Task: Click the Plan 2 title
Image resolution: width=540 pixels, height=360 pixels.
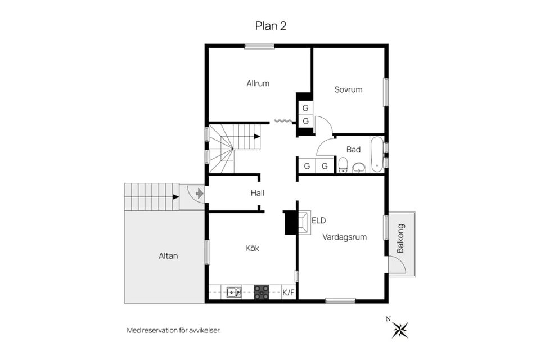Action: click(x=271, y=26)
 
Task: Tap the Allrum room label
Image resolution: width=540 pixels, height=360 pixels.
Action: click(x=258, y=83)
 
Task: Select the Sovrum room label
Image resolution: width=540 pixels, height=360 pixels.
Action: click(x=348, y=89)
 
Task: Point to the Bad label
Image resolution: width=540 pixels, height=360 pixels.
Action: click(x=353, y=150)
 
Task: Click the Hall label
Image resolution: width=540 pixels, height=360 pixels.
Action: click(x=257, y=193)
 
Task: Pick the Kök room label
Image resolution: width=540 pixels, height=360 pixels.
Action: click(x=253, y=248)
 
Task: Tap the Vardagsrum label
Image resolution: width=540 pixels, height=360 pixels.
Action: click(x=344, y=237)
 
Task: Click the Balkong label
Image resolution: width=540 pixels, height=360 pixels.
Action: click(x=400, y=238)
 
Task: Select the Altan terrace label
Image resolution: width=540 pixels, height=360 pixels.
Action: click(x=168, y=256)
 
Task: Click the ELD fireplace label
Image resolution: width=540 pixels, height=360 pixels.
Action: click(x=318, y=220)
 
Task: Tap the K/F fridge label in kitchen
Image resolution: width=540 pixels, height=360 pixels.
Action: click(x=289, y=293)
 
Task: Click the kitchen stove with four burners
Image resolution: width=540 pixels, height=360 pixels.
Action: click(x=262, y=292)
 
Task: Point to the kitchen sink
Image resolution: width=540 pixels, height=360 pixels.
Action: click(x=234, y=292)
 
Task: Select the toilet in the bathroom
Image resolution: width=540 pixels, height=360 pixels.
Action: click(x=343, y=165)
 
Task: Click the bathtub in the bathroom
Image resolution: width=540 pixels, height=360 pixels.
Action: click(x=377, y=154)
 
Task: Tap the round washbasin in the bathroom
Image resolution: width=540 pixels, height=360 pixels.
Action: click(x=360, y=168)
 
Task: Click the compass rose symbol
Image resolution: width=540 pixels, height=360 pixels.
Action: click(x=400, y=330)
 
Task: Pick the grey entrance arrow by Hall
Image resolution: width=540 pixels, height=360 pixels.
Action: click(x=200, y=193)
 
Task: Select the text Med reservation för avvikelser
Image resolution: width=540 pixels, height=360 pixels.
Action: click(x=174, y=331)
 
